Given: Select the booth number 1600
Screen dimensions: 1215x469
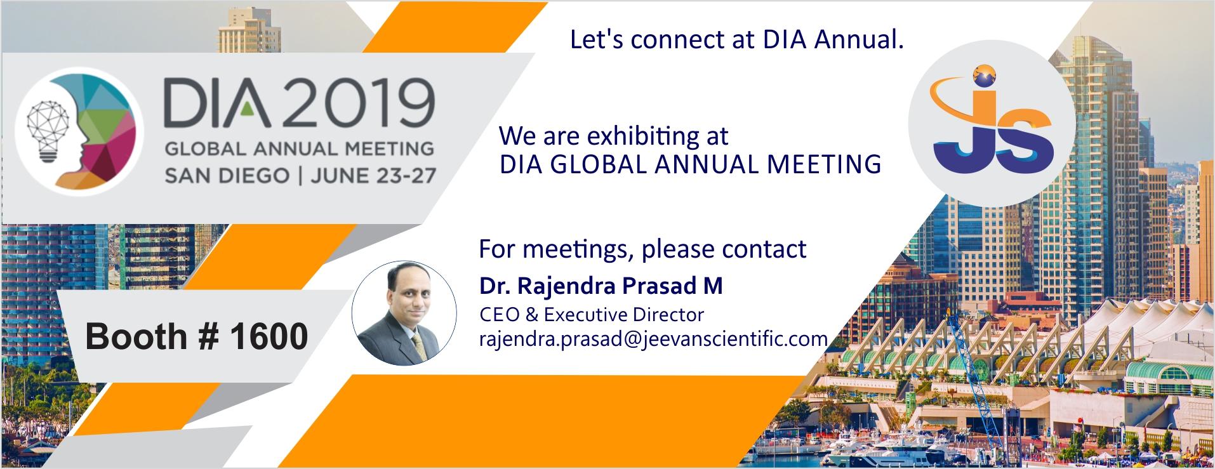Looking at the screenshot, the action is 269,336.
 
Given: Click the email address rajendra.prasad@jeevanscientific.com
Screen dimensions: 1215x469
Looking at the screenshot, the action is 653,338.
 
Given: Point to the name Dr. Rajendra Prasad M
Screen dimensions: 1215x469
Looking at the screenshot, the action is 601,286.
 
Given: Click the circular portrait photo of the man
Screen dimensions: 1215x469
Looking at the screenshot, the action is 404,312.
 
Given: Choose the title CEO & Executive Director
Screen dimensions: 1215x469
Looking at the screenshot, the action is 592,315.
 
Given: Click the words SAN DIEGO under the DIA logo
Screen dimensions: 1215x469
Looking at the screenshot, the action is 227,175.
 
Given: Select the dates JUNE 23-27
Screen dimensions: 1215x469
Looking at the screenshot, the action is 373,175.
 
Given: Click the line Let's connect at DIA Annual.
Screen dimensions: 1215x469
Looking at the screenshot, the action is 736,39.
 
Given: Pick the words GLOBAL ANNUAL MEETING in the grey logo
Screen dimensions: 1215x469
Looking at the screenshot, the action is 299,149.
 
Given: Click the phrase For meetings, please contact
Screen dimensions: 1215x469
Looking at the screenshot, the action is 642,249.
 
